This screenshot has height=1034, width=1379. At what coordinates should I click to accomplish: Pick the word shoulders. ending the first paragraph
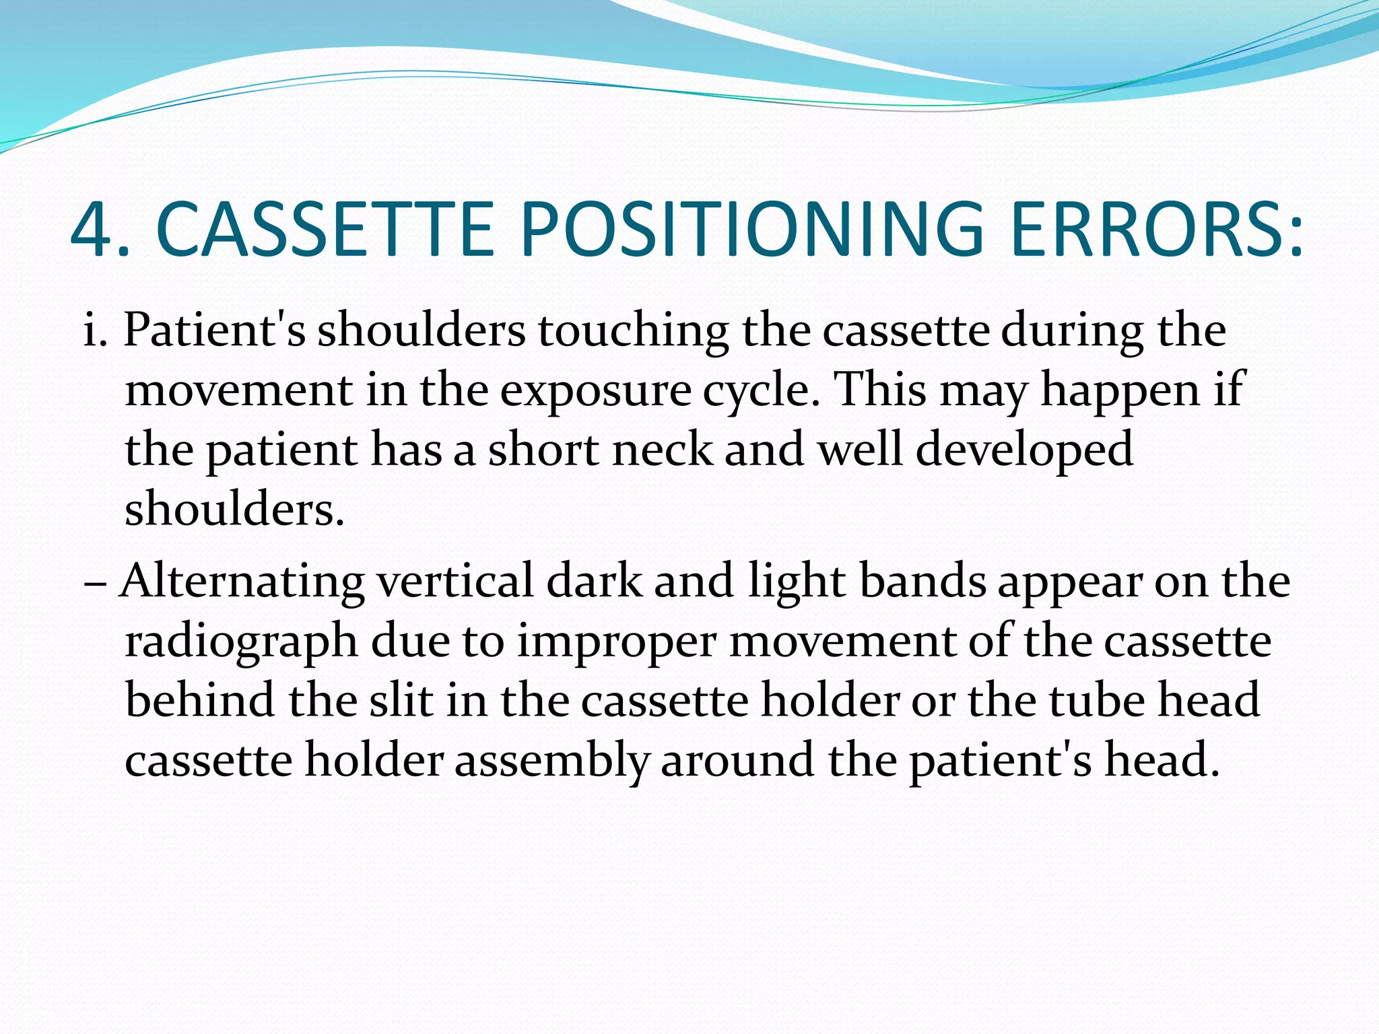click(234, 509)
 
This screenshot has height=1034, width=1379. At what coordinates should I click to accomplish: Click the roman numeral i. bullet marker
click(95, 332)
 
